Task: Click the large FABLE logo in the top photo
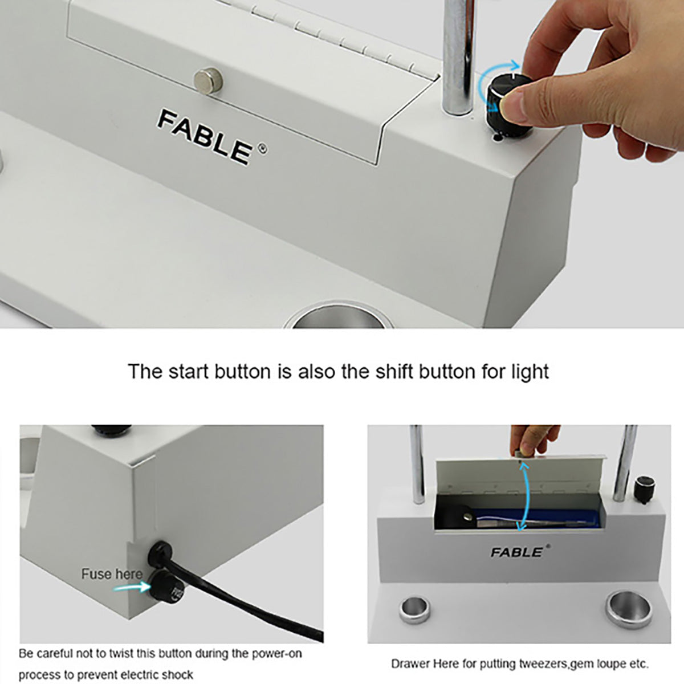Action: pos(205,137)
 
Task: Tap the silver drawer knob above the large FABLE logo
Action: pos(209,81)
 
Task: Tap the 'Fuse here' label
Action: pos(112,574)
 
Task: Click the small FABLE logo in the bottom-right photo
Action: pos(517,552)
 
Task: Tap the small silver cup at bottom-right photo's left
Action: pos(414,610)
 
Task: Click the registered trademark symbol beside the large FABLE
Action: pos(263,149)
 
